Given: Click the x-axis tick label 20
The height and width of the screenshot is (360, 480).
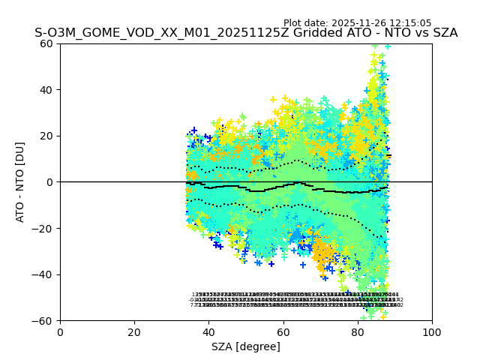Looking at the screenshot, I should click(134, 332).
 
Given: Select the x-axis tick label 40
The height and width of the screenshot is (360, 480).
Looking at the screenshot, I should click(208, 332).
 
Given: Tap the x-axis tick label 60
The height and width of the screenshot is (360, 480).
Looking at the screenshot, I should click(283, 332).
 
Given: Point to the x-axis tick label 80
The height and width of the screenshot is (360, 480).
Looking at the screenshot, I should click(358, 332).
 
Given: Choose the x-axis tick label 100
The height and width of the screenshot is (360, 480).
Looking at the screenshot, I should click(432, 332).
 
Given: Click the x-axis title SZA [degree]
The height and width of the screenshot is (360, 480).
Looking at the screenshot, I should click(246, 346).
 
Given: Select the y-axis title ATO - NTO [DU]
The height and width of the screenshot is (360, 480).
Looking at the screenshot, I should click(21, 182).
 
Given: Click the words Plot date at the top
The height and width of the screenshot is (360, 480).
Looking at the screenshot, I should click(306, 23).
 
